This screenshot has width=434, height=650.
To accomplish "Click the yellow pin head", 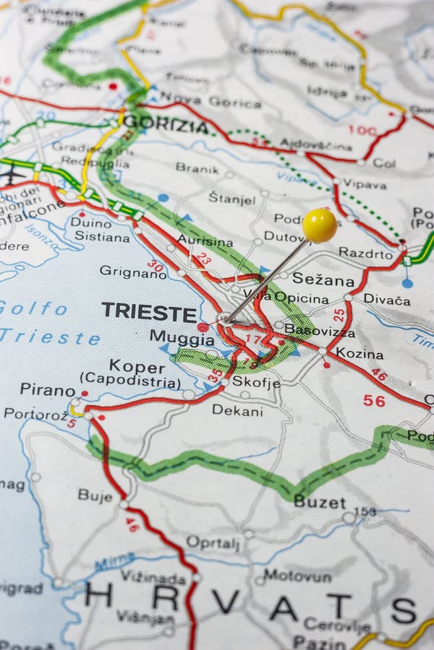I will [319, 225].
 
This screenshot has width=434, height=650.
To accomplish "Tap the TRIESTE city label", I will [149, 312].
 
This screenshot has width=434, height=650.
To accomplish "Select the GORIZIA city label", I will [166, 124].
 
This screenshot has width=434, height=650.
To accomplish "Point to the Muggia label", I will [172, 336].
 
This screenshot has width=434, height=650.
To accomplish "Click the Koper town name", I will [137, 365].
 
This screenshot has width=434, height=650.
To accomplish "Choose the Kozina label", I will [359, 354].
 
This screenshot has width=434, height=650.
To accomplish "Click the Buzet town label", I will [319, 502].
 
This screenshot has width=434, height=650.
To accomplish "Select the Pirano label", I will [48, 389].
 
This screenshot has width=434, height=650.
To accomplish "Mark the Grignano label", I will [123, 272].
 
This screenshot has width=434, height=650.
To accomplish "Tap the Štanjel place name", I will [231, 196].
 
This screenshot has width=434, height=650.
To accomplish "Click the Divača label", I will [387, 298].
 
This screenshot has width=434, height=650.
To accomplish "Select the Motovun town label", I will [297, 576].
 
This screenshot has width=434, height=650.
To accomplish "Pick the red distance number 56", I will [374, 400].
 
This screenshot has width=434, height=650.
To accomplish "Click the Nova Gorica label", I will [210, 101].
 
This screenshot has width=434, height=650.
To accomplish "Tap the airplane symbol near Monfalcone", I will [12, 173].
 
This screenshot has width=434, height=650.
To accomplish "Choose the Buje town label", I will [95, 495].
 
